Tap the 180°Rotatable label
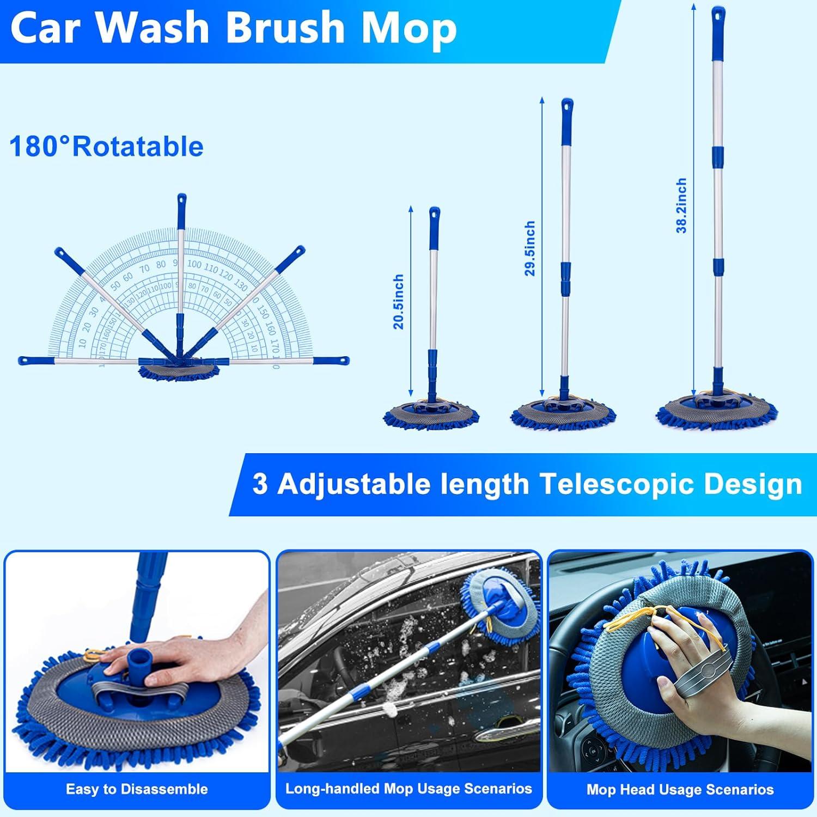tap(106, 147)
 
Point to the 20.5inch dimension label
tap(399, 301)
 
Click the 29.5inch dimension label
tap(530, 248)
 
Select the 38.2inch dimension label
tap(681, 205)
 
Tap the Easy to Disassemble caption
tap(137, 789)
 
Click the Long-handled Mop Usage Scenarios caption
tap(408, 788)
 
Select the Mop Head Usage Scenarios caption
tap(680, 789)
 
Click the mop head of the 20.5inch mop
tap(432, 414)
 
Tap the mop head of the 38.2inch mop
tap(717, 411)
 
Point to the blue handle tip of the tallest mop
tap(716, 16)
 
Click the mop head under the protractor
tap(179, 371)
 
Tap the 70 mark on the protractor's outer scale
tap(144, 269)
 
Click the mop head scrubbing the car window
tap(492, 605)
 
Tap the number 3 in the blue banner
tap(260, 484)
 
